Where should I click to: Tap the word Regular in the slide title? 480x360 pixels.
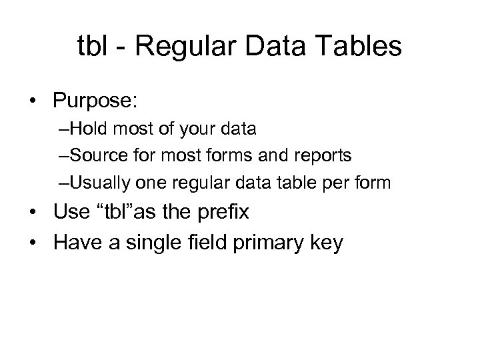coord(171,49)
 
